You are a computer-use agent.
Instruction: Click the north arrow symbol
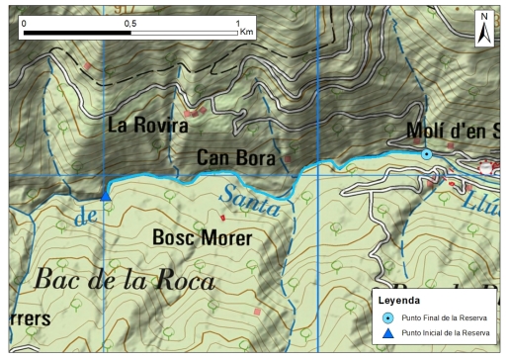tap(484, 29)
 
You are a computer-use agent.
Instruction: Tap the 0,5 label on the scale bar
tap(129, 22)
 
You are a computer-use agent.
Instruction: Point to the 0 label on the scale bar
tap(24, 22)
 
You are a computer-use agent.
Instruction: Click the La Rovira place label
tap(145, 126)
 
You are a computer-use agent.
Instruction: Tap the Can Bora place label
tap(235, 157)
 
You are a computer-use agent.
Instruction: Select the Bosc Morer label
tap(203, 238)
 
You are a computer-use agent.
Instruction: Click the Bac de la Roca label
tap(124, 281)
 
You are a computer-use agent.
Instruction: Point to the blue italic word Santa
tap(253, 201)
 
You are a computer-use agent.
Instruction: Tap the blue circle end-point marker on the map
tap(426, 154)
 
